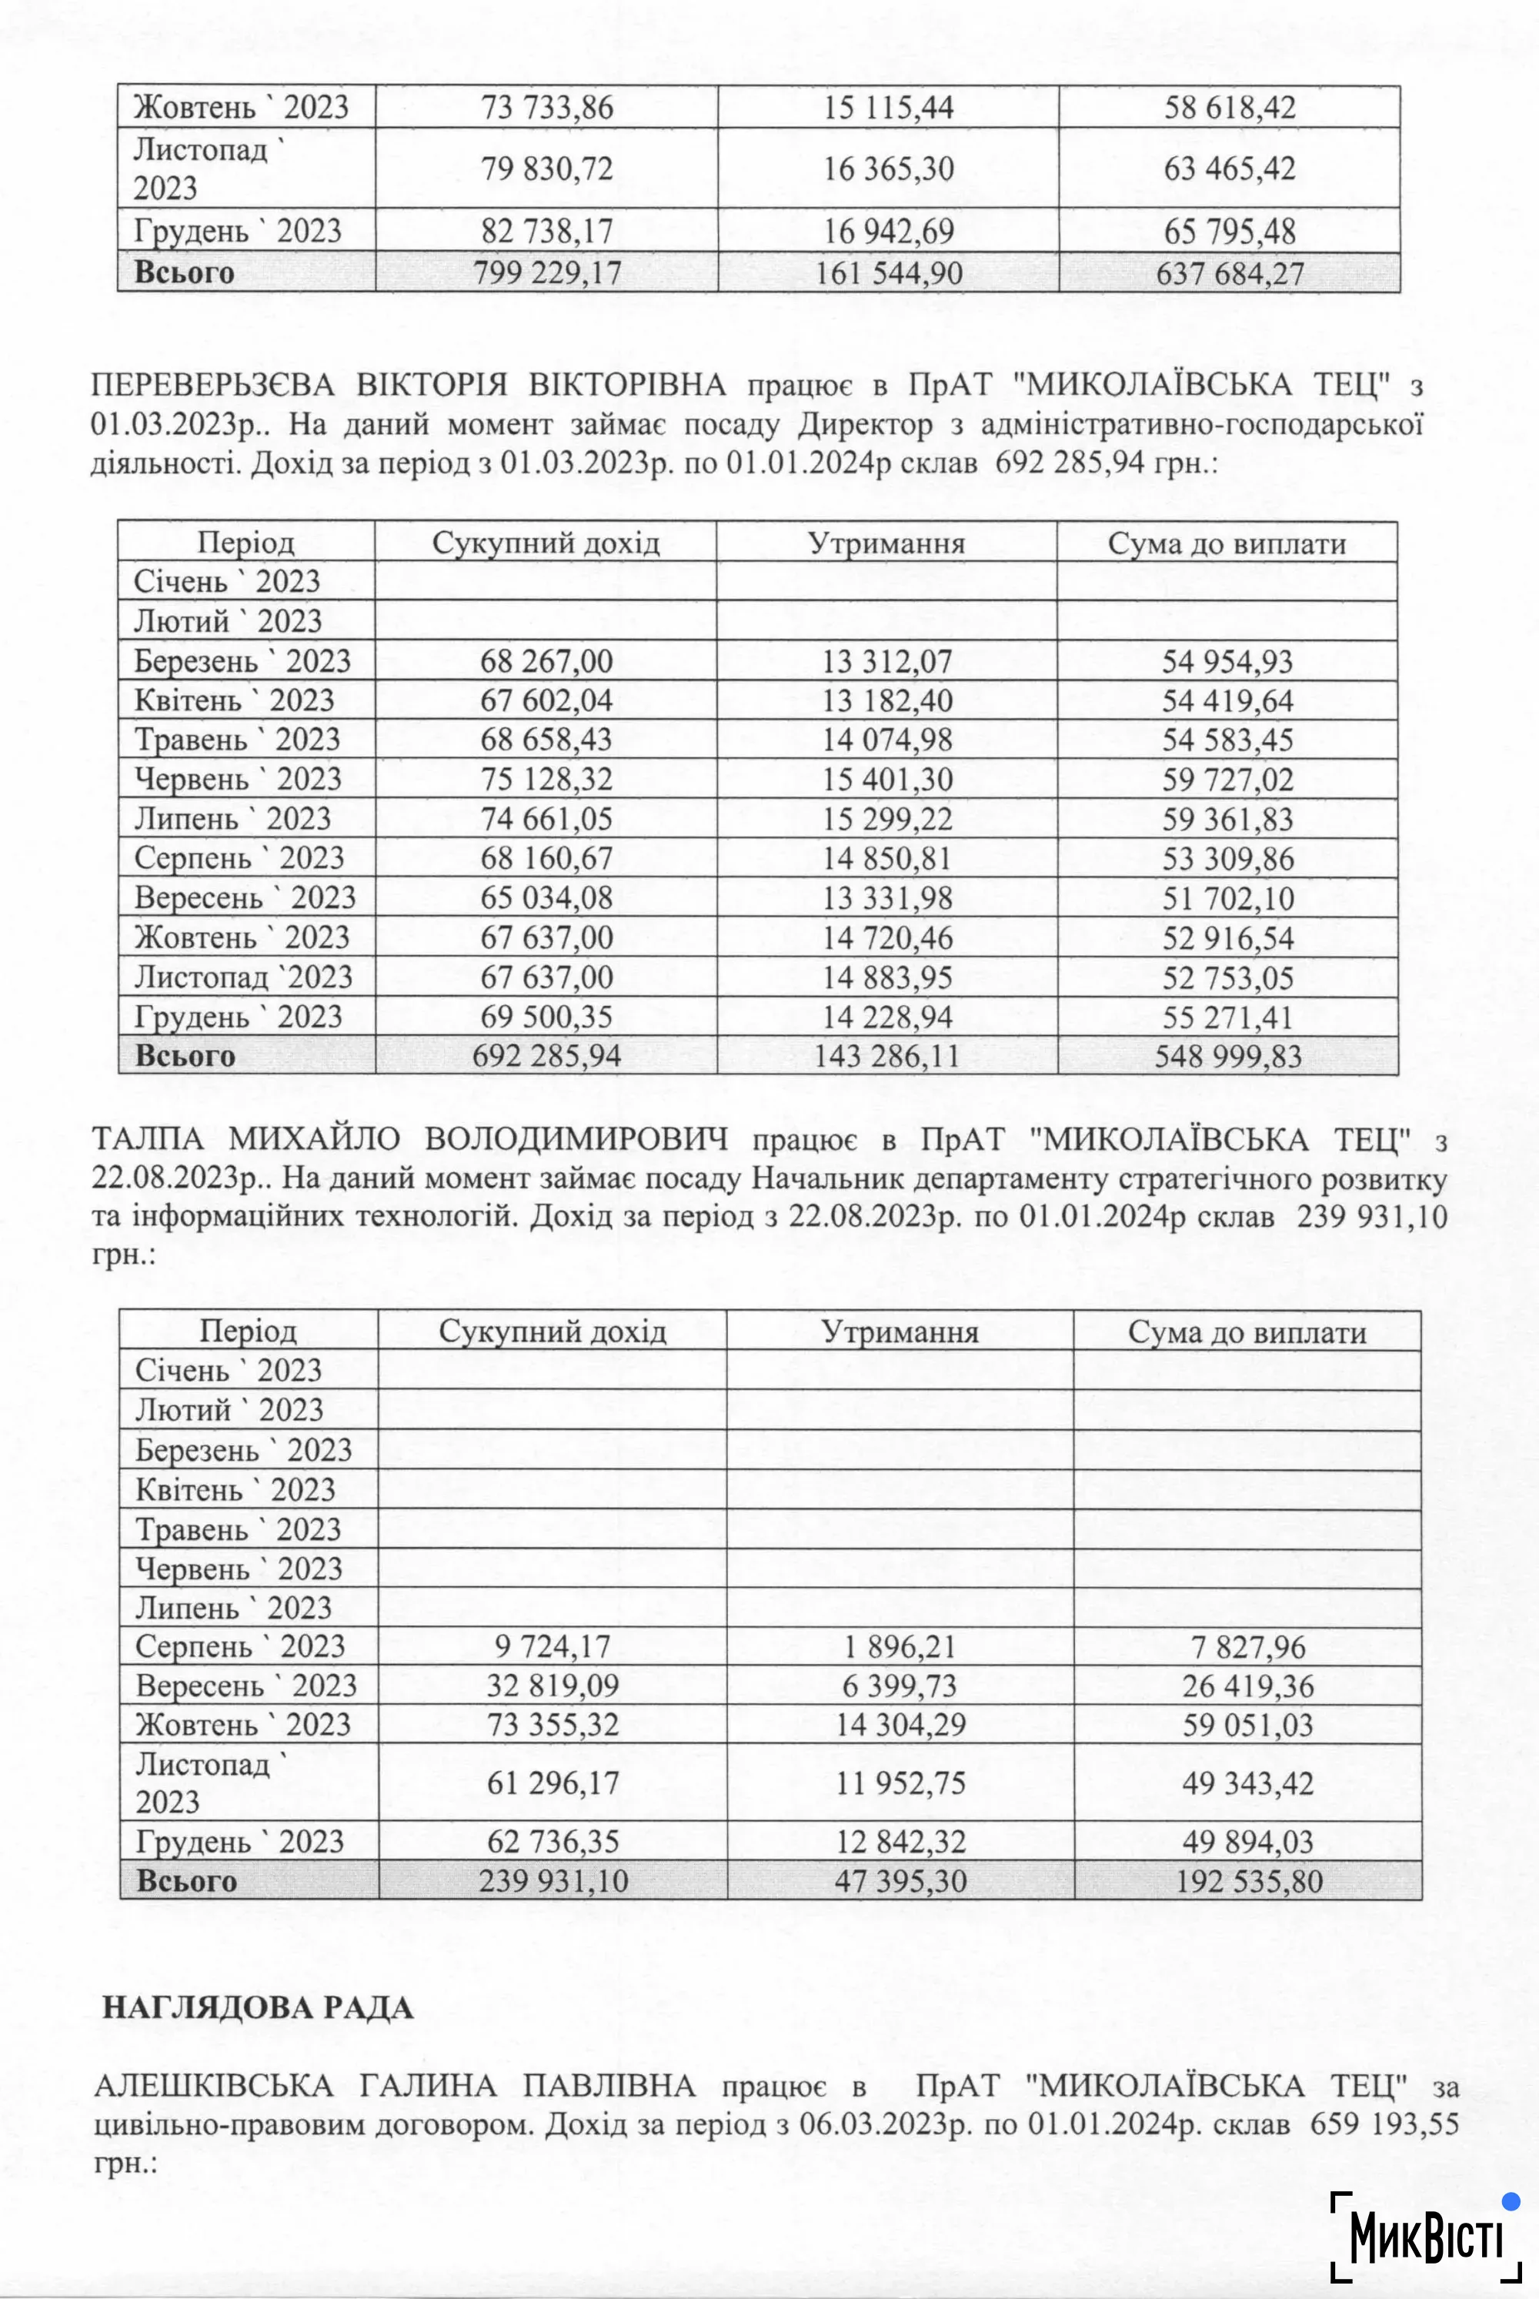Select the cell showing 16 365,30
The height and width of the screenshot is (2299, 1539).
[x=887, y=169]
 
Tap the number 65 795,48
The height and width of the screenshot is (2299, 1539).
[x=1229, y=232]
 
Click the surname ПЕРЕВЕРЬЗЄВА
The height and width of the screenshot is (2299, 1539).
[x=212, y=385]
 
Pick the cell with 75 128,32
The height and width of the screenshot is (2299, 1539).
[x=546, y=780]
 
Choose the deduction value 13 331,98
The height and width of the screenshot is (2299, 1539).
[x=886, y=898]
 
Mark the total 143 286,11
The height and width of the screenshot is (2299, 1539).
[x=886, y=1056]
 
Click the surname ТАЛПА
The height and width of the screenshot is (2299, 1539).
[x=149, y=1140]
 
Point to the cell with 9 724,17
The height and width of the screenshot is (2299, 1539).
[x=553, y=1646]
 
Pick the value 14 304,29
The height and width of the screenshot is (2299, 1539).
[x=900, y=1725]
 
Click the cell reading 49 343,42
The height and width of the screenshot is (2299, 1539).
[x=1247, y=1783]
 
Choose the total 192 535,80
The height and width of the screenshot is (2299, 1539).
[x=1248, y=1882]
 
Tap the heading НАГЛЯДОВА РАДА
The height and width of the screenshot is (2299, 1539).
[x=258, y=2008]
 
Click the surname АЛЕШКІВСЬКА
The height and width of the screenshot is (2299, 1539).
[x=213, y=2086]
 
